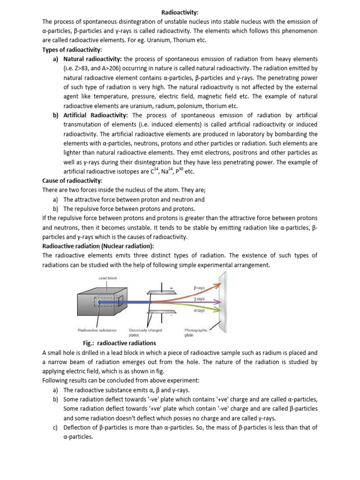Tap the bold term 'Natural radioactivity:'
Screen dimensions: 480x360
coord(92,59)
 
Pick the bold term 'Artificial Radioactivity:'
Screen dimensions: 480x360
coord(95,115)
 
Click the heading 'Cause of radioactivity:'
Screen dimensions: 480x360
coord(72,181)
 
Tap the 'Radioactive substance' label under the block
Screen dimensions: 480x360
coord(97,330)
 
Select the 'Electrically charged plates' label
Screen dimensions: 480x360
coord(145,332)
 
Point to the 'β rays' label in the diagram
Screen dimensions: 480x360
coord(200,286)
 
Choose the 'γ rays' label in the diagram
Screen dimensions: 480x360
coord(199,299)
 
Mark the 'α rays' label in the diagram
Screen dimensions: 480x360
coord(199,311)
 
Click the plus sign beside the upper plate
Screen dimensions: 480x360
coord(171,287)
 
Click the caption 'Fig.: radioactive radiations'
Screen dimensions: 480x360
coord(119,343)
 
